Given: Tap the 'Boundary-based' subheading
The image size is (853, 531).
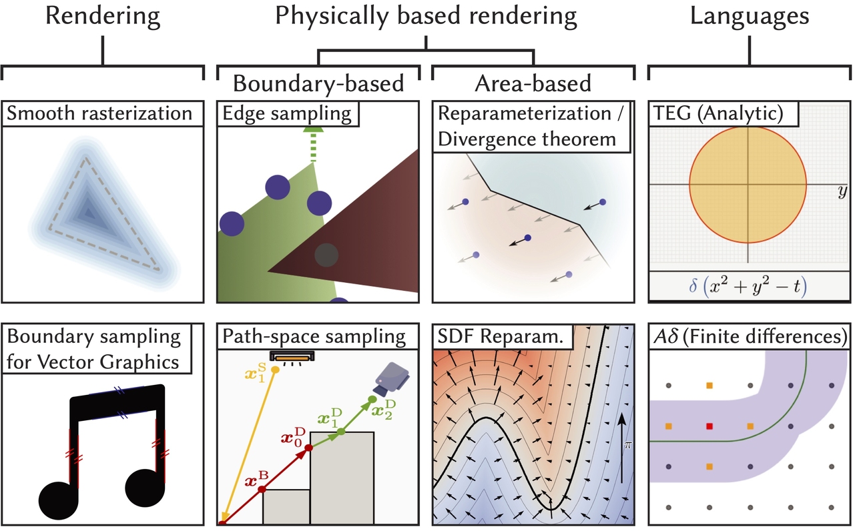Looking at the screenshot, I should pos(318,83).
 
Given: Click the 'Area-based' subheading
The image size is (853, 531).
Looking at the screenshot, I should pos(533,83).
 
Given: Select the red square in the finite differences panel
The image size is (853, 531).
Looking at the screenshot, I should pos(709,426).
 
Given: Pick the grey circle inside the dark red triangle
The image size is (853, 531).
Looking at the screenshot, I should pos(326,255).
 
